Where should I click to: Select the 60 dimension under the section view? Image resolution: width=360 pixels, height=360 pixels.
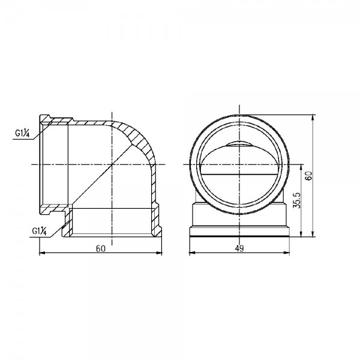click(x=100, y=248)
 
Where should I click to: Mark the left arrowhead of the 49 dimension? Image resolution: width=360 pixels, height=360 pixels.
click(x=191, y=254)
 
